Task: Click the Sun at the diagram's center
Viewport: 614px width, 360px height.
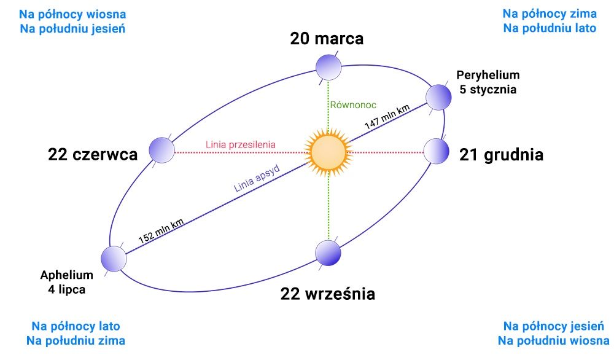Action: click(328, 152)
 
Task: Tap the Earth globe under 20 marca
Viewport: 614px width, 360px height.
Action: click(328, 68)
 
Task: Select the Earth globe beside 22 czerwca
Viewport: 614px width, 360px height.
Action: click(161, 150)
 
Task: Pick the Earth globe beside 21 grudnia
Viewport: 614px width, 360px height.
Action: click(436, 151)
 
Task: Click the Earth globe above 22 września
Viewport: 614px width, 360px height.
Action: click(328, 253)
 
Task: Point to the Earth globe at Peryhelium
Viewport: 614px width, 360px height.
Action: click(438, 97)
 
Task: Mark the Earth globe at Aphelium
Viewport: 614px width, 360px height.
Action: click(114, 259)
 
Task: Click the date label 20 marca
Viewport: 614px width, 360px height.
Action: click(327, 38)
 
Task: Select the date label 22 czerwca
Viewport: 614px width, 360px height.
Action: click(93, 154)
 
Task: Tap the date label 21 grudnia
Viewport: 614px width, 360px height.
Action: click(501, 155)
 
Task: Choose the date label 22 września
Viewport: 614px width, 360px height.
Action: click(328, 294)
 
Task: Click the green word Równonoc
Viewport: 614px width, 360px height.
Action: click(353, 105)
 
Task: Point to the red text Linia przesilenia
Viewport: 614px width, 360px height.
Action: click(241, 144)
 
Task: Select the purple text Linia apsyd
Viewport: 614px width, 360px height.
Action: click(257, 178)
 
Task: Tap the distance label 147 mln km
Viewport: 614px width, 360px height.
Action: click(387, 117)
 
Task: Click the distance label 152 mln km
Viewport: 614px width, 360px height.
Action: click(161, 231)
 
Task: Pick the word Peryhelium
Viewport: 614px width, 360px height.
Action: click(488, 75)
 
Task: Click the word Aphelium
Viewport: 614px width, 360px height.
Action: click(66, 275)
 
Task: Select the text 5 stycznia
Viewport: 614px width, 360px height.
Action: click(488, 90)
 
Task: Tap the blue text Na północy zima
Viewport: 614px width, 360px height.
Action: click(550, 14)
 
